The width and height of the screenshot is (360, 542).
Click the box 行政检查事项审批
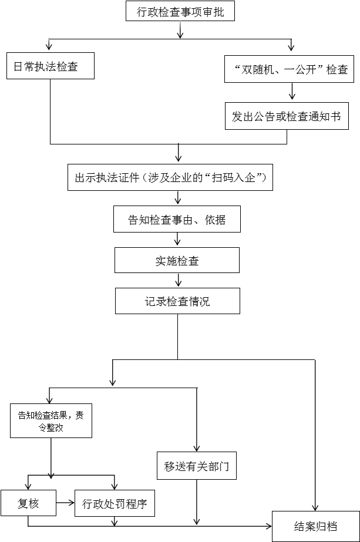pyautogui.click(x=180, y=11)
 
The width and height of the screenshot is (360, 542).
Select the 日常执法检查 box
pyautogui.click(x=50, y=66)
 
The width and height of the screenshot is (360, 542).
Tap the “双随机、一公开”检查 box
pyautogui.click(x=287, y=69)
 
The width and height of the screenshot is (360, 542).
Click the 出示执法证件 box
pyautogui.click(x=171, y=177)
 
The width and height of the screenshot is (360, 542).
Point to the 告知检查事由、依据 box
pyautogui.click(x=177, y=220)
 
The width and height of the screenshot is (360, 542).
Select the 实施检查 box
pyautogui.click(x=177, y=260)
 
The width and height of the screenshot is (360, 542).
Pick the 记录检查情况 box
pyautogui.click(x=177, y=302)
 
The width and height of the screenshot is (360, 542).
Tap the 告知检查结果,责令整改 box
pyautogui.click(x=51, y=421)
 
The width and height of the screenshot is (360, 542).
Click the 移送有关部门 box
pyautogui.click(x=196, y=468)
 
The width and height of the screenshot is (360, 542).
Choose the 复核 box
pyautogui.click(x=28, y=503)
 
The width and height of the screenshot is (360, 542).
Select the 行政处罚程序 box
pyautogui.click(x=114, y=503)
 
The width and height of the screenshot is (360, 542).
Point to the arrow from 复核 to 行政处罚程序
pyautogui.click(x=65, y=503)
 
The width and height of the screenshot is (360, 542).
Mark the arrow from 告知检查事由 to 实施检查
pyautogui.click(x=177, y=240)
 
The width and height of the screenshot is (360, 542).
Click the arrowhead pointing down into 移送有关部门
pyautogui.click(x=196, y=447)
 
